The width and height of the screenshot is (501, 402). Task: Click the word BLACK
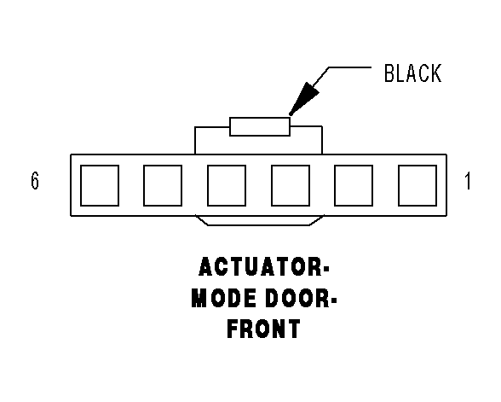412,73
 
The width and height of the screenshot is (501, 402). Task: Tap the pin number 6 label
35,181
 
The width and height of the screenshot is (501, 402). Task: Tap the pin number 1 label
468,181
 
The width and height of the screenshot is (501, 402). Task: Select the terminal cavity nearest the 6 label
100,186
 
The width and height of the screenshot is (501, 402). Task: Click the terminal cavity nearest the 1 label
417,186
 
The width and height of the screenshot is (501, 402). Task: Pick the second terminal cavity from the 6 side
163,186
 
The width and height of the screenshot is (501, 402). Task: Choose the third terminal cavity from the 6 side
227,186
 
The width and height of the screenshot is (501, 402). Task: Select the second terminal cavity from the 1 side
354,186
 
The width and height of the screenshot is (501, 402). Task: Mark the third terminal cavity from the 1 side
291,186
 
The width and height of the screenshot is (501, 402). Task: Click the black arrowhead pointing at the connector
305,97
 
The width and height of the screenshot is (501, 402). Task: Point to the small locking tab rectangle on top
260,126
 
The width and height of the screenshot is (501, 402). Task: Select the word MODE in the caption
223,298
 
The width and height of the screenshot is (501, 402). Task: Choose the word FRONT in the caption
264,329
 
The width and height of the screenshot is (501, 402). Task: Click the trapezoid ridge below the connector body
259,225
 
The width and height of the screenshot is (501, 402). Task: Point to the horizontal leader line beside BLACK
350,67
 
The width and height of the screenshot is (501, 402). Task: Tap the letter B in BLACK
390,73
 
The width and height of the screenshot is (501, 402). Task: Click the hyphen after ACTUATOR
326,270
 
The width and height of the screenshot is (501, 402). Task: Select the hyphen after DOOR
334,300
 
